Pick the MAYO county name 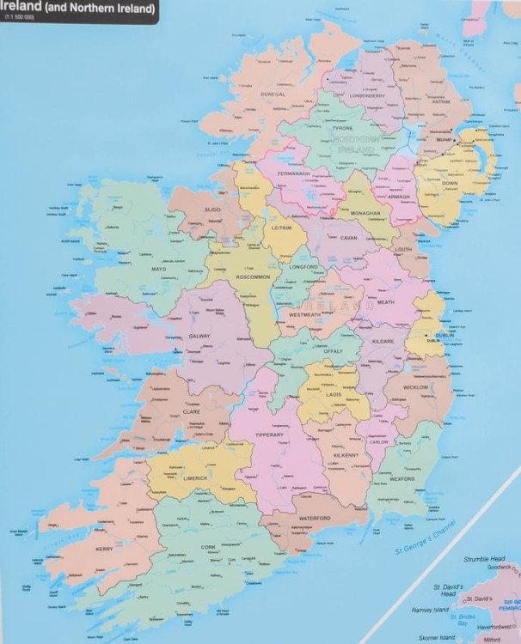(158, 269)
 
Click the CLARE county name (191, 411)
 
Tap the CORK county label (207, 547)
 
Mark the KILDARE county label (383, 341)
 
